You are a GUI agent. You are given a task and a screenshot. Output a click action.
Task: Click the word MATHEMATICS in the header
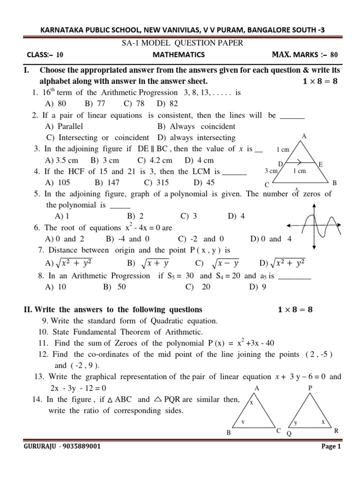179,54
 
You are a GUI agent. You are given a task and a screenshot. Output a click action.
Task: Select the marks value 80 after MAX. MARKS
334,54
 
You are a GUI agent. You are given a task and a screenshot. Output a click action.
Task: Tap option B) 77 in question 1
95,104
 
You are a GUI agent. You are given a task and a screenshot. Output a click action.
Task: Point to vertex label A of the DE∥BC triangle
304,136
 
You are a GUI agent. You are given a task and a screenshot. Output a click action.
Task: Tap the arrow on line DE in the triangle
299,164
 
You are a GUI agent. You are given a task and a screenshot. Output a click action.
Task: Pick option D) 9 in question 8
258,287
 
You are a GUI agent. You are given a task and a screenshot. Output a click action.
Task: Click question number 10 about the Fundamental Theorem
43,332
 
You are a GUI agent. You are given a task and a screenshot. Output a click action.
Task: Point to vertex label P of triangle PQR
310,388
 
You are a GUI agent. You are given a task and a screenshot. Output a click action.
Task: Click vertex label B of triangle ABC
229,433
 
